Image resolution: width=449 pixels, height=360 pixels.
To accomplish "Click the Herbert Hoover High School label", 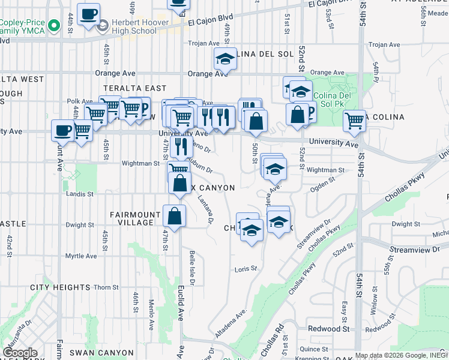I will click(x=139, y=26).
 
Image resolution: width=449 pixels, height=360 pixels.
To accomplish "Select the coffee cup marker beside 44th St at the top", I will click(x=88, y=14).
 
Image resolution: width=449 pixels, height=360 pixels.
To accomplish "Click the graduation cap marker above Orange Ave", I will click(x=225, y=59).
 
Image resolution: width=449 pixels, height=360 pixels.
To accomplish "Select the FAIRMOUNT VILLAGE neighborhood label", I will click(x=132, y=218).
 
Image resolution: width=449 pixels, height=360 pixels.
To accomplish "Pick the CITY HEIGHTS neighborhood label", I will click(x=56, y=288).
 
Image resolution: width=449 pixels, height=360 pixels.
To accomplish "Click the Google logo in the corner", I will click(x=20, y=353).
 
